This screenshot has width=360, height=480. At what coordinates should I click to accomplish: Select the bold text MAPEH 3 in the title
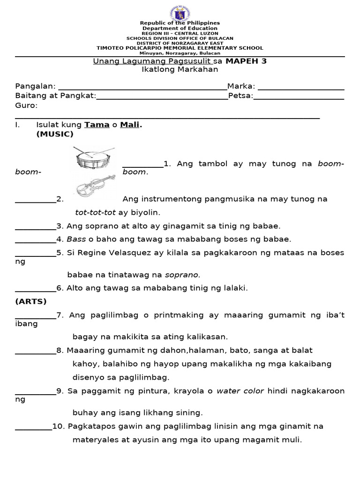(246, 61)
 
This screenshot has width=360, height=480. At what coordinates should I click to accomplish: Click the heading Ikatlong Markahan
(180, 69)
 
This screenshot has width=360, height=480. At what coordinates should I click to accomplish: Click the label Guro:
(26, 105)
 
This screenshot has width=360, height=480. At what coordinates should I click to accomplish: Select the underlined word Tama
(96, 125)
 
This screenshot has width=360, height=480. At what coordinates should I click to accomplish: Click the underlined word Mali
(130, 125)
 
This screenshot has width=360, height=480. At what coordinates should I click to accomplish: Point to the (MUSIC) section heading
(55, 134)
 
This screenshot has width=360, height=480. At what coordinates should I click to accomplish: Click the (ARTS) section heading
(31, 301)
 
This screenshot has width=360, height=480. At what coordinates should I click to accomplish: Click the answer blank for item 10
(33, 427)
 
